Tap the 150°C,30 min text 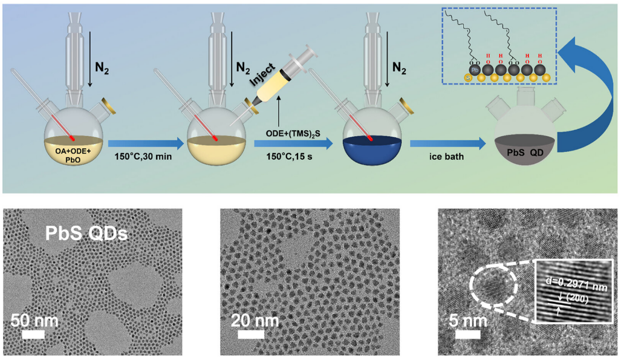click(x=143, y=157)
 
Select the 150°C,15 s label click(x=289, y=157)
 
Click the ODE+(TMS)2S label click(x=293, y=134)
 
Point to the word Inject click(x=262, y=74)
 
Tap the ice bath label click(x=446, y=157)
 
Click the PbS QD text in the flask click(x=525, y=152)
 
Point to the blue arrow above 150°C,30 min click(x=146, y=143)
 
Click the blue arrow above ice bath click(x=448, y=143)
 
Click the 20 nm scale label click(x=255, y=320)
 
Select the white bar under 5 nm click(x=468, y=334)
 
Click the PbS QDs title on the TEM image click(x=86, y=234)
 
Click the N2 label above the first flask click(x=102, y=68)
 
